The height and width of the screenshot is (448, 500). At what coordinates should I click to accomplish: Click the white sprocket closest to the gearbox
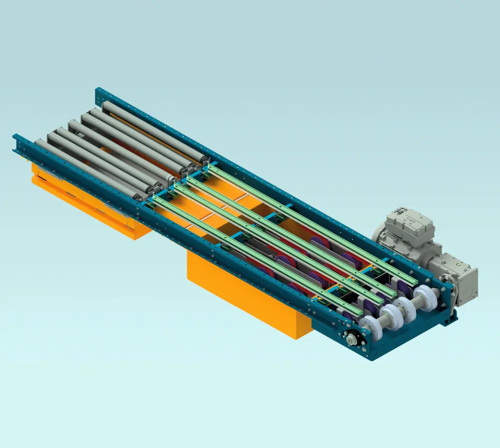click(x=425, y=298)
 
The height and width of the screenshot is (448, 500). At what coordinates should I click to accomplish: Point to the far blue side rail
click(x=240, y=165)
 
